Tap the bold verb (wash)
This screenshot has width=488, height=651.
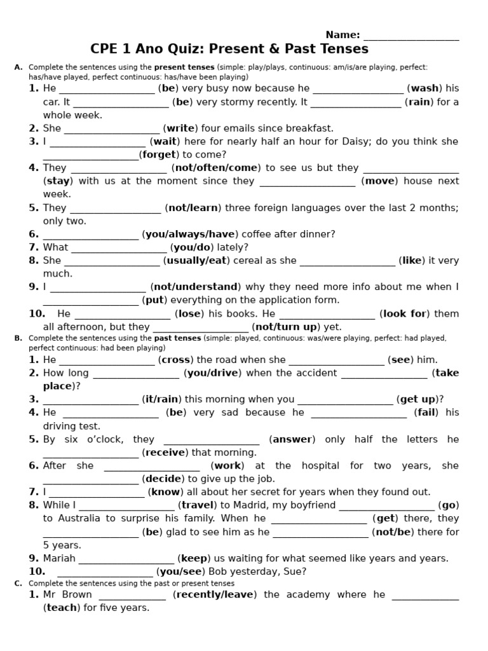click(x=424, y=88)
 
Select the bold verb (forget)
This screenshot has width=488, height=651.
click(x=159, y=154)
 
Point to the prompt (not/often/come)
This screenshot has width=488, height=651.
click(x=215, y=168)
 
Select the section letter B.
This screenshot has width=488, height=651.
click(x=18, y=338)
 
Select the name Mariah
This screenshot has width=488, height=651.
click(x=59, y=558)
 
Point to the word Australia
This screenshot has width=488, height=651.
click(x=79, y=518)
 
